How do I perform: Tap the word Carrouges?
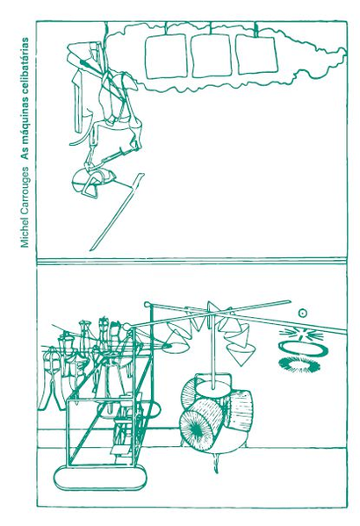click(25, 188)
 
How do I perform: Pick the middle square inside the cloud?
click(212, 54)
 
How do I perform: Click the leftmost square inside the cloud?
click(166, 56)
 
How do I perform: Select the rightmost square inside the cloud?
click(256, 54)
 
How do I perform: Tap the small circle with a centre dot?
click(302, 313)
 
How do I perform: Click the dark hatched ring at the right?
click(299, 364)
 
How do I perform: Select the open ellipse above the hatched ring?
click(303, 349)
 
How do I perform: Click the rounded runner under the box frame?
click(100, 478)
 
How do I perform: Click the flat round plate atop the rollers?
click(213, 389)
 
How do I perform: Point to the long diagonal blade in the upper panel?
click(117, 212)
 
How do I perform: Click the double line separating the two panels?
click(191, 261)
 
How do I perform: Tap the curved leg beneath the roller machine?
click(215, 461)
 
